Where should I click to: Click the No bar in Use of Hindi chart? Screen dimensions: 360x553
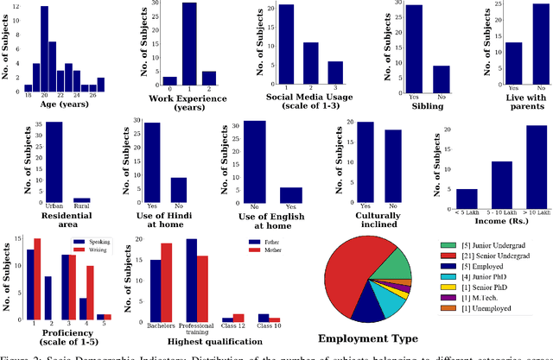pyautogui.click(x=178, y=190)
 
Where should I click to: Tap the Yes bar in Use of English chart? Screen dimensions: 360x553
pyautogui.click(x=290, y=195)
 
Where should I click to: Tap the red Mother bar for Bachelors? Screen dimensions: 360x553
pyautogui.click(x=167, y=281)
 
